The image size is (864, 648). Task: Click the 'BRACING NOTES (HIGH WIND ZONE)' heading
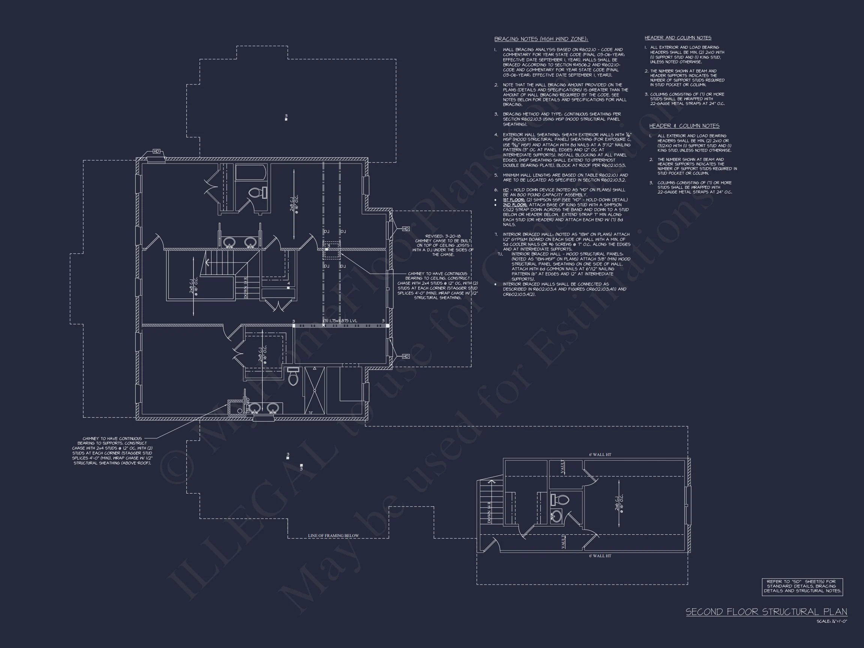click(x=541, y=39)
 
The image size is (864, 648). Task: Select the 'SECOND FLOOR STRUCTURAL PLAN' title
click(x=766, y=612)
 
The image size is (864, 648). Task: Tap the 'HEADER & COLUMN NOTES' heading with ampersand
click(x=684, y=126)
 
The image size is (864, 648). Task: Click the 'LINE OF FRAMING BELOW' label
click(x=333, y=535)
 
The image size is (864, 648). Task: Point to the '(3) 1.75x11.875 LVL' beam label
click(x=339, y=321)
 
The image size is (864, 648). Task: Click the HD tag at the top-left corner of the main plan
click(x=156, y=151)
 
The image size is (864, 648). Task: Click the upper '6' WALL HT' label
click(x=600, y=454)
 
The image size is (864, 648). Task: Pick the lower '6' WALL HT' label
click(x=600, y=555)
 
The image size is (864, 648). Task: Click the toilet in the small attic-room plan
click(x=560, y=499)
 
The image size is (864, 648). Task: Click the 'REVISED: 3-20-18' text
click(x=442, y=236)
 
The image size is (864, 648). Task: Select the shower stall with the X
click(x=314, y=390)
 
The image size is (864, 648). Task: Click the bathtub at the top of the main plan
click(x=251, y=172)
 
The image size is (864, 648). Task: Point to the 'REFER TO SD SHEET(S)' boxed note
click(x=802, y=586)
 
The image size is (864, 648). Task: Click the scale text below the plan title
click(x=832, y=621)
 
